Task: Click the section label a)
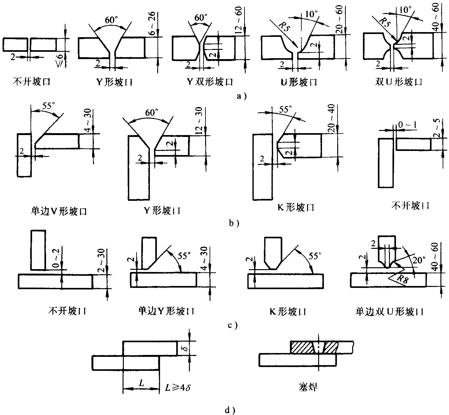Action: tap(241, 95)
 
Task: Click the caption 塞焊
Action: tap(308, 387)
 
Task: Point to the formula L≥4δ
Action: tap(177, 387)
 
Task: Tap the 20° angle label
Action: tap(419, 260)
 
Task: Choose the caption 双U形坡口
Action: tap(398, 82)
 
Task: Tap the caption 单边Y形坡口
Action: tap(166, 311)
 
